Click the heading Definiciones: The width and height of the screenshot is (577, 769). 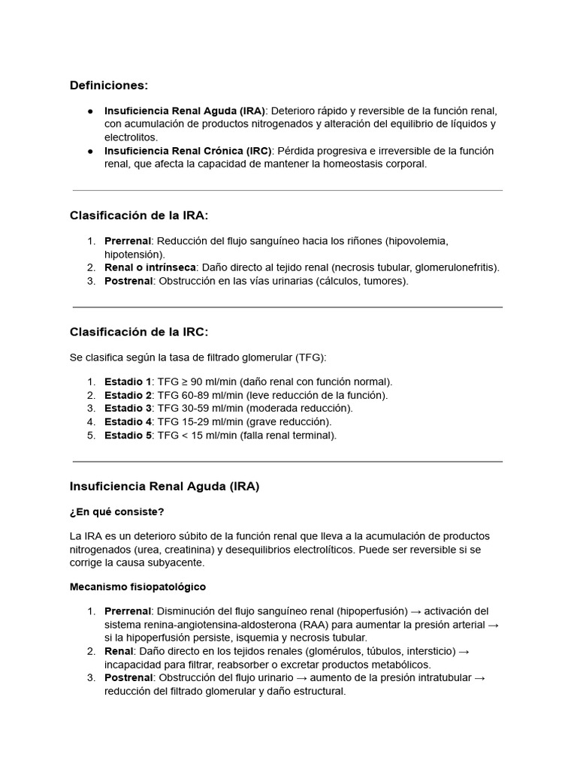pos(109,86)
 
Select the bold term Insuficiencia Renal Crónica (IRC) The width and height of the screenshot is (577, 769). pos(187,151)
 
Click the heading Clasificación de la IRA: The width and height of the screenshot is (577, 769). pos(139,216)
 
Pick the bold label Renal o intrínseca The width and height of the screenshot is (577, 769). pos(150,267)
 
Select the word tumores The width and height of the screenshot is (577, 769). pos(385,281)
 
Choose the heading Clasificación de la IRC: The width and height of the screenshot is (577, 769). pos(139,332)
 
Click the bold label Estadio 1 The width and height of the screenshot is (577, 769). pos(128,381)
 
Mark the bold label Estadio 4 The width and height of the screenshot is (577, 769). pos(128,422)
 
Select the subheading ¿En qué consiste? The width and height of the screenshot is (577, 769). pos(116,512)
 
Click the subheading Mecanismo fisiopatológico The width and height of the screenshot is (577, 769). pos(137,587)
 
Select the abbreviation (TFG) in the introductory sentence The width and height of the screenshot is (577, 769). pos(310,357)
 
